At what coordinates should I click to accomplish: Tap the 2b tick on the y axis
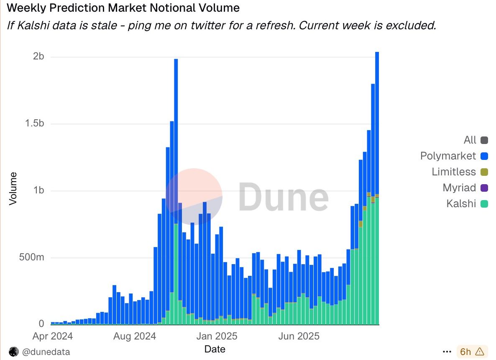[38, 57]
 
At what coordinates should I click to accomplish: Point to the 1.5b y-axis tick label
[33, 124]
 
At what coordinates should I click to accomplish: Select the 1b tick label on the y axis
[38, 190]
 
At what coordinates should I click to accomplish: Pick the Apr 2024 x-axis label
[52, 336]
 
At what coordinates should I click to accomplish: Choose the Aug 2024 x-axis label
[135, 336]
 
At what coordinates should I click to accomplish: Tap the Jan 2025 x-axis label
[217, 336]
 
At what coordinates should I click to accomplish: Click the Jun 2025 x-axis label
[299, 336]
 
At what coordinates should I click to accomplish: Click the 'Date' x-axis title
[215, 349]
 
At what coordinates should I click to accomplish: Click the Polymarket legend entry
[448, 156]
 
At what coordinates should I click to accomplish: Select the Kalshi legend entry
[461, 204]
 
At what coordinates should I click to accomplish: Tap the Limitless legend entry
[454, 172]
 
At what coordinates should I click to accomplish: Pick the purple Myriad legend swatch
[484, 188]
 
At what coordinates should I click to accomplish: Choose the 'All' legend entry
[470, 140]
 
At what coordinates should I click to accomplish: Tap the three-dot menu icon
[447, 352]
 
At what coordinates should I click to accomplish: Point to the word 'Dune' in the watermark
[284, 196]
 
